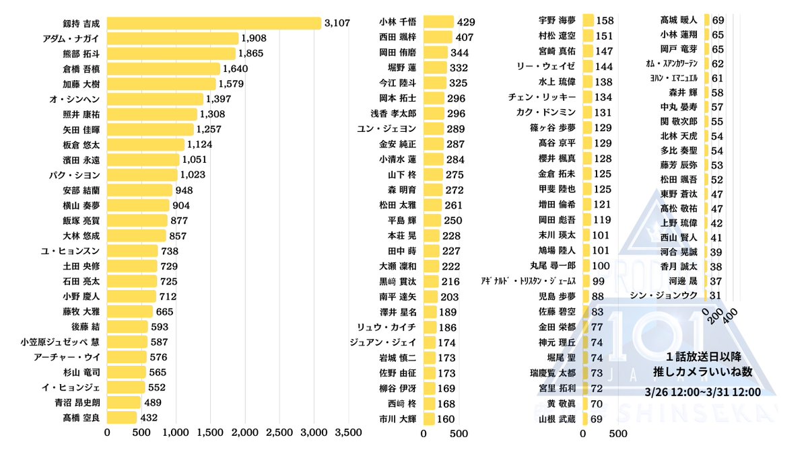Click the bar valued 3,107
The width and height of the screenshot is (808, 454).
(x=214, y=24)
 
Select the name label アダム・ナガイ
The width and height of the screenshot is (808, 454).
(x=71, y=38)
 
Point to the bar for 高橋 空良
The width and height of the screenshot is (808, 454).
(x=122, y=418)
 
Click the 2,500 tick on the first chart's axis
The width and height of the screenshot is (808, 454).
(x=279, y=432)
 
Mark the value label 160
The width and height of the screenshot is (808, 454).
(x=445, y=418)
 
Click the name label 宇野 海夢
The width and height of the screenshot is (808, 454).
(x=557, y=21)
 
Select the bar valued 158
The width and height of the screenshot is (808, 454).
(x=588, y=21)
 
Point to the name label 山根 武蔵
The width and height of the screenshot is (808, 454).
(x=557, y=418)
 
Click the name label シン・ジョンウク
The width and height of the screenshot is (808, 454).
(x=663, y=295)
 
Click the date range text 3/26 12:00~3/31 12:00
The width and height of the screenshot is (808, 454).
(x=702, y=392)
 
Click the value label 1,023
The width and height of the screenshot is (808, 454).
(x=193, y=174)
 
